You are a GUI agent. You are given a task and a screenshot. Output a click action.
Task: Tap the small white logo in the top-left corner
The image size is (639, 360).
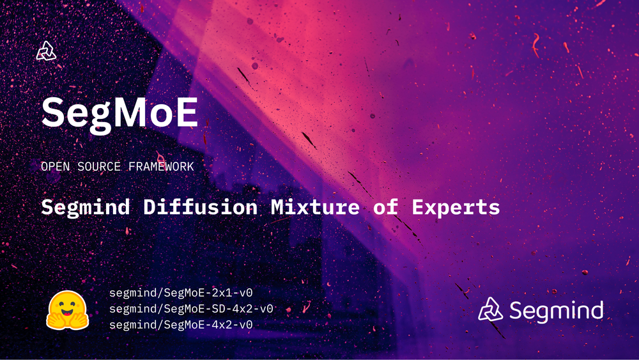pyautogui.click(x=47, y=51)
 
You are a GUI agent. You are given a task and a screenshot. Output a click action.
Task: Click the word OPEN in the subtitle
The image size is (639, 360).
pyautogui.click(x=55, y=166)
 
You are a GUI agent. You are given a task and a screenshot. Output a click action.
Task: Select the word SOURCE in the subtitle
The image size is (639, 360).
pyautogui.click(x=101, y=166)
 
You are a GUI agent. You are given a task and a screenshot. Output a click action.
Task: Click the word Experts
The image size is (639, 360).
pyautogui.click(x=456, y=207)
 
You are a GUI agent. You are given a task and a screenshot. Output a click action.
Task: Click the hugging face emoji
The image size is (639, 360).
pyautogui.click(x=66, y=310)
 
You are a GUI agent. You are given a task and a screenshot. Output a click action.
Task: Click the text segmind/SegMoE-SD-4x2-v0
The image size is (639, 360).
pyautogui.click(x=192, y=309)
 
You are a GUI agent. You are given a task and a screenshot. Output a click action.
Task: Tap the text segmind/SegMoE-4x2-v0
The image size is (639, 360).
pyautogui.click(x=181, y=325)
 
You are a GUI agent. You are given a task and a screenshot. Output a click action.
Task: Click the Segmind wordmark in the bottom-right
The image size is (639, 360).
pyautogui.click(x=556, y=311)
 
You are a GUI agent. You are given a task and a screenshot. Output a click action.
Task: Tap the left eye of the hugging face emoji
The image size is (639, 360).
pyautogui.click(x=59, y=304)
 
